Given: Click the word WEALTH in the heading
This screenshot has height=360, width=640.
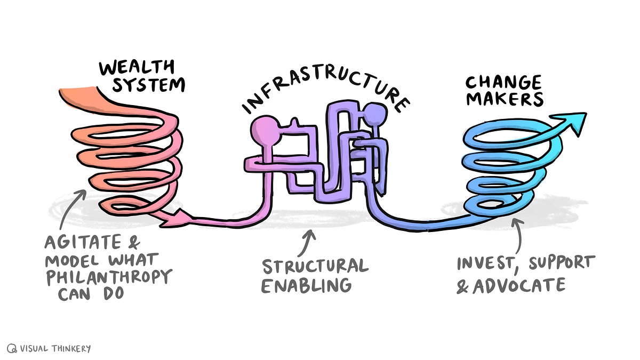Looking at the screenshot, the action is pyautogui.click(x=137, y=67).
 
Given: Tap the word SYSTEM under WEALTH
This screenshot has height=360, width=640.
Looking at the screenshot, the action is pyautogui.click(x=149, y=85).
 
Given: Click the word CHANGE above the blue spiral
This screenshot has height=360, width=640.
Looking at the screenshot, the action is pyautogui.click(x=503, y=82).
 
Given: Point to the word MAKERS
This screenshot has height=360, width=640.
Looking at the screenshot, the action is pyautogui.click(x=505, y=99).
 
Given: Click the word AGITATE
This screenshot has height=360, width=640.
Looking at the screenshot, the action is pyautogui.click(x=83, y=242).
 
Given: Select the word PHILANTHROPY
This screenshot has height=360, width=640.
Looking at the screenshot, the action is pyautogui.click(x=109, y=277).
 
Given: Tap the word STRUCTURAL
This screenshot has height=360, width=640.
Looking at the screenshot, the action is pyautogui.click(x=315, y=266).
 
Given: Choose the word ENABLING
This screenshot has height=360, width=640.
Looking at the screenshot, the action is pyautogui.click(x=306, y=285).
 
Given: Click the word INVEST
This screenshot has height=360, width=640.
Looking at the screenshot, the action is pyautogui.click(x=486, y=263).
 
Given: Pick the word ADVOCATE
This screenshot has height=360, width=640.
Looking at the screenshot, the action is pyautogui.click(x=519, y=285).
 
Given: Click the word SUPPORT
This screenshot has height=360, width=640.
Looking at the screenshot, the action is pyautogui.click(x=562, y=262).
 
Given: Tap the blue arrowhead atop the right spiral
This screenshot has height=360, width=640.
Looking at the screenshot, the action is pyautogui.click(x=569, y=123).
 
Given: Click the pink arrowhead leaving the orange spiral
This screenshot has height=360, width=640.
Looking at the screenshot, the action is pyautogui.click(x=175, y=219).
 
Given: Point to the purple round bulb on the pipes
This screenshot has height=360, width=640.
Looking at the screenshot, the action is pyautogui.click(x=375, y=114).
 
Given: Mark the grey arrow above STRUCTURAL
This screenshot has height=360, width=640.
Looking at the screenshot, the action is pyautogui.click(x=307, y=243).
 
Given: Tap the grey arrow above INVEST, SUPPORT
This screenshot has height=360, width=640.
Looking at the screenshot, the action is pyautogui.click(x=517, y=236).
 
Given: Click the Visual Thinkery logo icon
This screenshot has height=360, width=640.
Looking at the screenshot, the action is pyautogui.click(x=12, y=348).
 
